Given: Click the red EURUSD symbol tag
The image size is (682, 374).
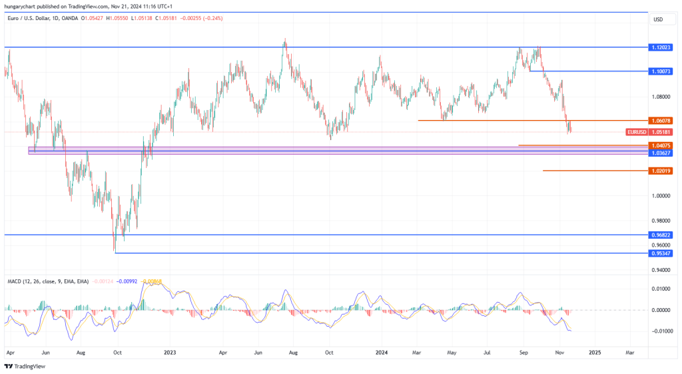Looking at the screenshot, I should pos(636,132).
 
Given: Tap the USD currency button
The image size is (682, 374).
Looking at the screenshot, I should pos(658,19).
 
